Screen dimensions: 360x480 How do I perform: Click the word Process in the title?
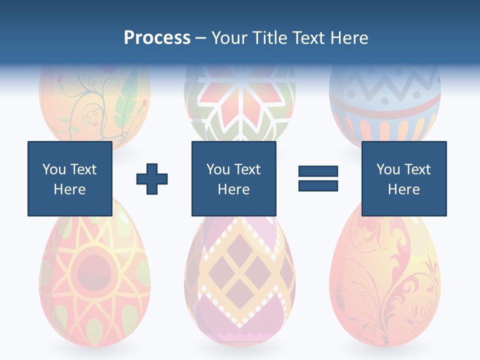click(x=157, y=38)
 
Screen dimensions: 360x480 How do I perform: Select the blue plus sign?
click(x=152, y=178)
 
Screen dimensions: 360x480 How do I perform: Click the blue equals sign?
click(x=318, y=178)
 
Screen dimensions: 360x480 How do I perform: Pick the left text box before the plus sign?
click(x=69, y=178)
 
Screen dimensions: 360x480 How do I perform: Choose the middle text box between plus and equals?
click(x=233, y=178)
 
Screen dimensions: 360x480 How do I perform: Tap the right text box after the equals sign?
click(x=403, y=178)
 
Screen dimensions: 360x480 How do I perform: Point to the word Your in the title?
click(x=229, y=38)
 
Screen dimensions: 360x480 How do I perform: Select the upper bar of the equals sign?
click(x=318, y=171)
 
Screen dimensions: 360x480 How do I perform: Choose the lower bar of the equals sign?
click(x=318, y=185)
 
